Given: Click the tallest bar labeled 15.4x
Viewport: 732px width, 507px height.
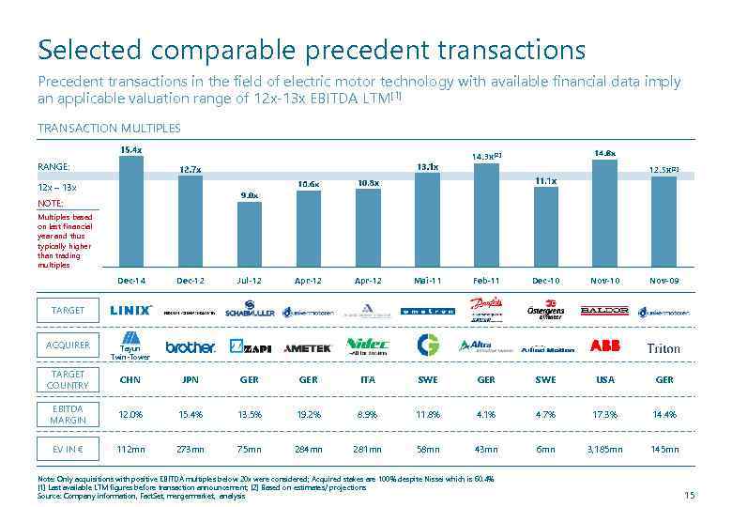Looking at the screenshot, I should pos(131,211).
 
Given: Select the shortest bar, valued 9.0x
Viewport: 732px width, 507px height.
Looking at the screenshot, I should pos(250,234).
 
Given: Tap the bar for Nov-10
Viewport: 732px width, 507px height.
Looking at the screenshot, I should pos(604,213).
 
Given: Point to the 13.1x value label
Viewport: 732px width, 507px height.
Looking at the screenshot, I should pos(427,167).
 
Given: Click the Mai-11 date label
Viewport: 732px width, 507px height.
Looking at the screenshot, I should pos(427,281).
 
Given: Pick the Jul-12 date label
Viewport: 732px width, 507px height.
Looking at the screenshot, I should pos(250,281).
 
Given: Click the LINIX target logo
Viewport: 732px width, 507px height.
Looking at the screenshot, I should pos(131,310).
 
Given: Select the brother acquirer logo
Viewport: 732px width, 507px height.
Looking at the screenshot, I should pos(191,346).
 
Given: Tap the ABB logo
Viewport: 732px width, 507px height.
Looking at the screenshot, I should pos(604,346).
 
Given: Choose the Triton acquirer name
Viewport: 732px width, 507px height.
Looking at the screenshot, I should pos(663,348).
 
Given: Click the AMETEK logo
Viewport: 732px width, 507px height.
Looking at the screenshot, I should pos(308,347).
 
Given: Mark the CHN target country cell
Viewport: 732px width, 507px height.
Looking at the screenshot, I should pos(131,380).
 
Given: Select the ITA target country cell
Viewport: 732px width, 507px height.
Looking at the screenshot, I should pos(368,380).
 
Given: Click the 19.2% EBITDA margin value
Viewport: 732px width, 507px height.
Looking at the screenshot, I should pos(308,414).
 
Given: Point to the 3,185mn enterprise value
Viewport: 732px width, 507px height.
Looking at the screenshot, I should pos(604,450).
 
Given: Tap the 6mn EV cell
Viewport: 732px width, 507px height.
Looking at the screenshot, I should pos(545,450).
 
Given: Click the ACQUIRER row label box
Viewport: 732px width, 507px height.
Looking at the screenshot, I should pos(68,345).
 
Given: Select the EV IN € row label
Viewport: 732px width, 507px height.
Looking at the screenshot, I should pos(68,450).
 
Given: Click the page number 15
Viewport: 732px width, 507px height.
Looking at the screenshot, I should pos(690,495).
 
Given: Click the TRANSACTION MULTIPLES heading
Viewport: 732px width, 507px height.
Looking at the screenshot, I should pos(109,128).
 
